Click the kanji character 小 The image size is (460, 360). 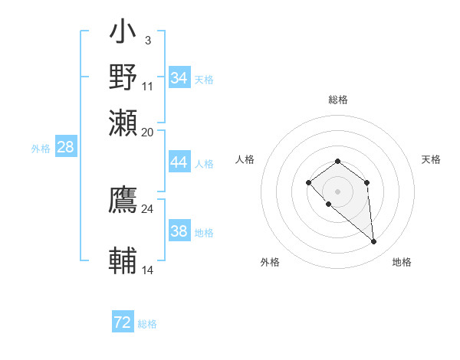click(123, 34)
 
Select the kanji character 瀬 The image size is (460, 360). click(123, 122)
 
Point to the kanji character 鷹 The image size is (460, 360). click(123, 200)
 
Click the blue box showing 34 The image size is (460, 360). click(179, 78)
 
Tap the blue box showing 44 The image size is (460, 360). click(179, 163)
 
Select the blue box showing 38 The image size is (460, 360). click(179, 231)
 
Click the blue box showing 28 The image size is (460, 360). click(66, 148)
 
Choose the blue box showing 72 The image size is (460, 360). click(123, 322)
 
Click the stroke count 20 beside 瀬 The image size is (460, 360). click(148, 132)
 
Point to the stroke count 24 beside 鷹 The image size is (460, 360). click(148, 208)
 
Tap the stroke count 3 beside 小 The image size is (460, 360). click(147, 40)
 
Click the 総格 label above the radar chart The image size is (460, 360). click(338, 100)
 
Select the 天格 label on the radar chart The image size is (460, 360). click(432, 159)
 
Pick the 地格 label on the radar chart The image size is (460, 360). click(402, 263)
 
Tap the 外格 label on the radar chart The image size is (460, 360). click(270, 263)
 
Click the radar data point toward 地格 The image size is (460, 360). click(374, 242)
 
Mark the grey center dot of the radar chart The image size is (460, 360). click(337, 191)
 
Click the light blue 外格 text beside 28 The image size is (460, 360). click(41, 149)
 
